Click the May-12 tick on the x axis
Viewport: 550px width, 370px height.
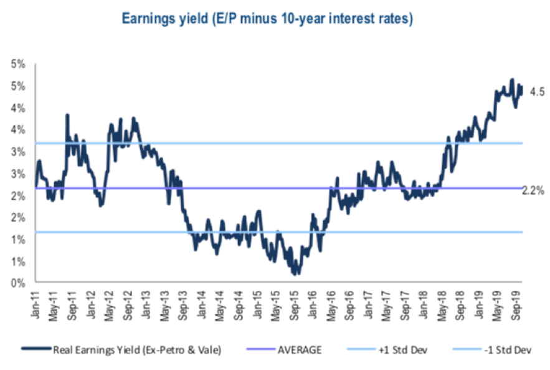(x=110, y=303)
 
